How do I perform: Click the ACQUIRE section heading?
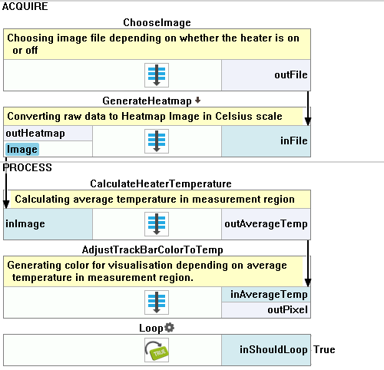(x=25, y=6)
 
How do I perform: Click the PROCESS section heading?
(x=27, y=167)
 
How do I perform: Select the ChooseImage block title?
(x=157, y=22)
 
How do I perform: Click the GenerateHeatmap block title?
(x=147, y=101)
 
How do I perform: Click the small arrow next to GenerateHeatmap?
(x=197, y=100)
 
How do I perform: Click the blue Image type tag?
(x=22, y=150)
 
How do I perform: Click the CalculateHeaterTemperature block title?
(x=161, y=183)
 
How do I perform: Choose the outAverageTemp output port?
(x=266, y=224)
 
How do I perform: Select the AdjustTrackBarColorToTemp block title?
(x=153, y=249)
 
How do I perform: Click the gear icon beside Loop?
(x=169, y=328)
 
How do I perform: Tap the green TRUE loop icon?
(x=157, y=350)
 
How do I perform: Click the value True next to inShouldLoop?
(x=324, y=349)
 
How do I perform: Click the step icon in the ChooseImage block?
(x=157, y=75)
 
